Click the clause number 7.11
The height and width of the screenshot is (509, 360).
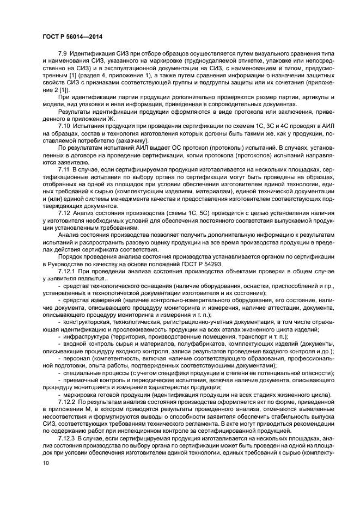tap(65, 171)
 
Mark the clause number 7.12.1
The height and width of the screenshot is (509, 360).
tap(68, 271)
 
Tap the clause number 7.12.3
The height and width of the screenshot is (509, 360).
tap(68, 438)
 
